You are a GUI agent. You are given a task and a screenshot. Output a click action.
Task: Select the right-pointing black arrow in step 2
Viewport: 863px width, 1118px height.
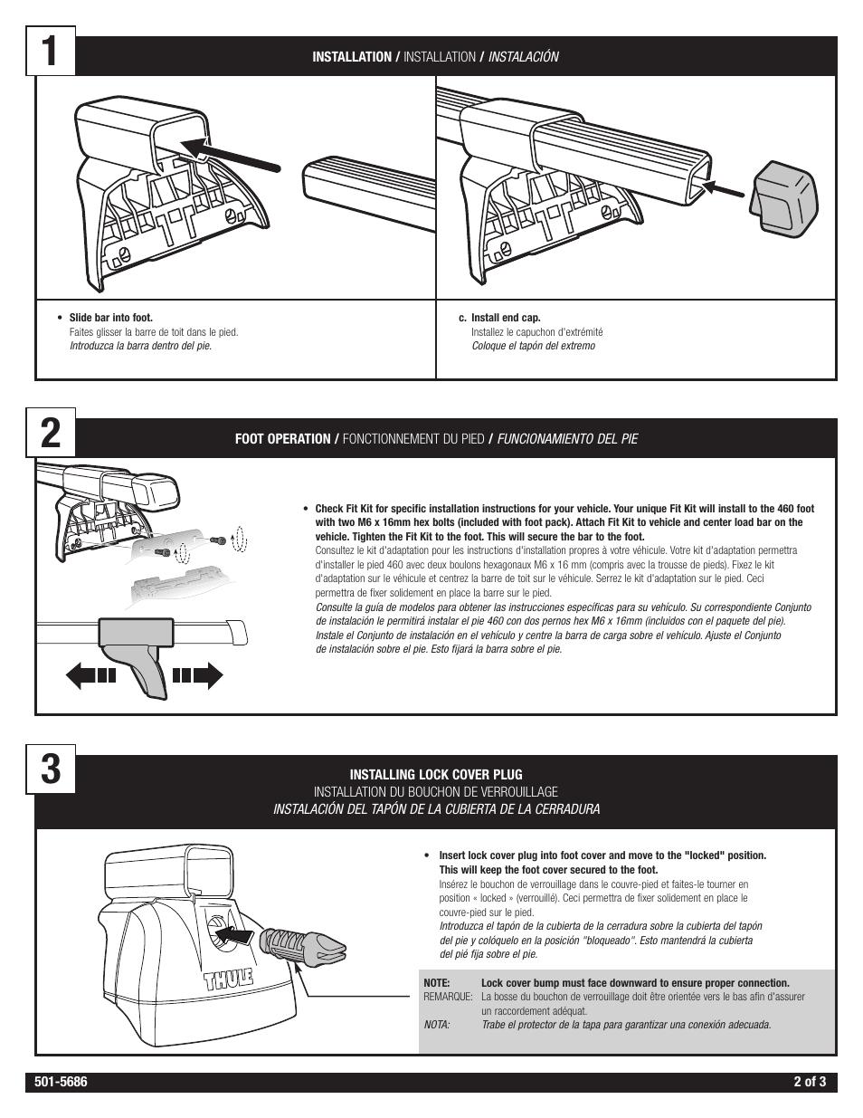[x=197, y=675]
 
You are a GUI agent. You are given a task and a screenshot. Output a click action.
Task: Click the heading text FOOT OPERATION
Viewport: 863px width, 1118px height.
[x=283, y=438]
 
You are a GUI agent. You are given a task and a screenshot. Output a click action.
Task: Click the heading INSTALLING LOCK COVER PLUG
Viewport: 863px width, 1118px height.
[x=436, y=775]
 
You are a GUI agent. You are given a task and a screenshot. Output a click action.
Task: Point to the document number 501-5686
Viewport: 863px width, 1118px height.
[x=62, y=1082]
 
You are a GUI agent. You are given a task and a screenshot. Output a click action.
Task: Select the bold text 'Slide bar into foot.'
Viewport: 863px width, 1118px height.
[x=111, y=318]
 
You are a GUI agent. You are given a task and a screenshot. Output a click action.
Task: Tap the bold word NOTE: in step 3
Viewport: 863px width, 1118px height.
[x=437, y=983]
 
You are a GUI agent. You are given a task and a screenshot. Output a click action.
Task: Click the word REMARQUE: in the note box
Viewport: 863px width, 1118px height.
[x=448, y=997]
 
